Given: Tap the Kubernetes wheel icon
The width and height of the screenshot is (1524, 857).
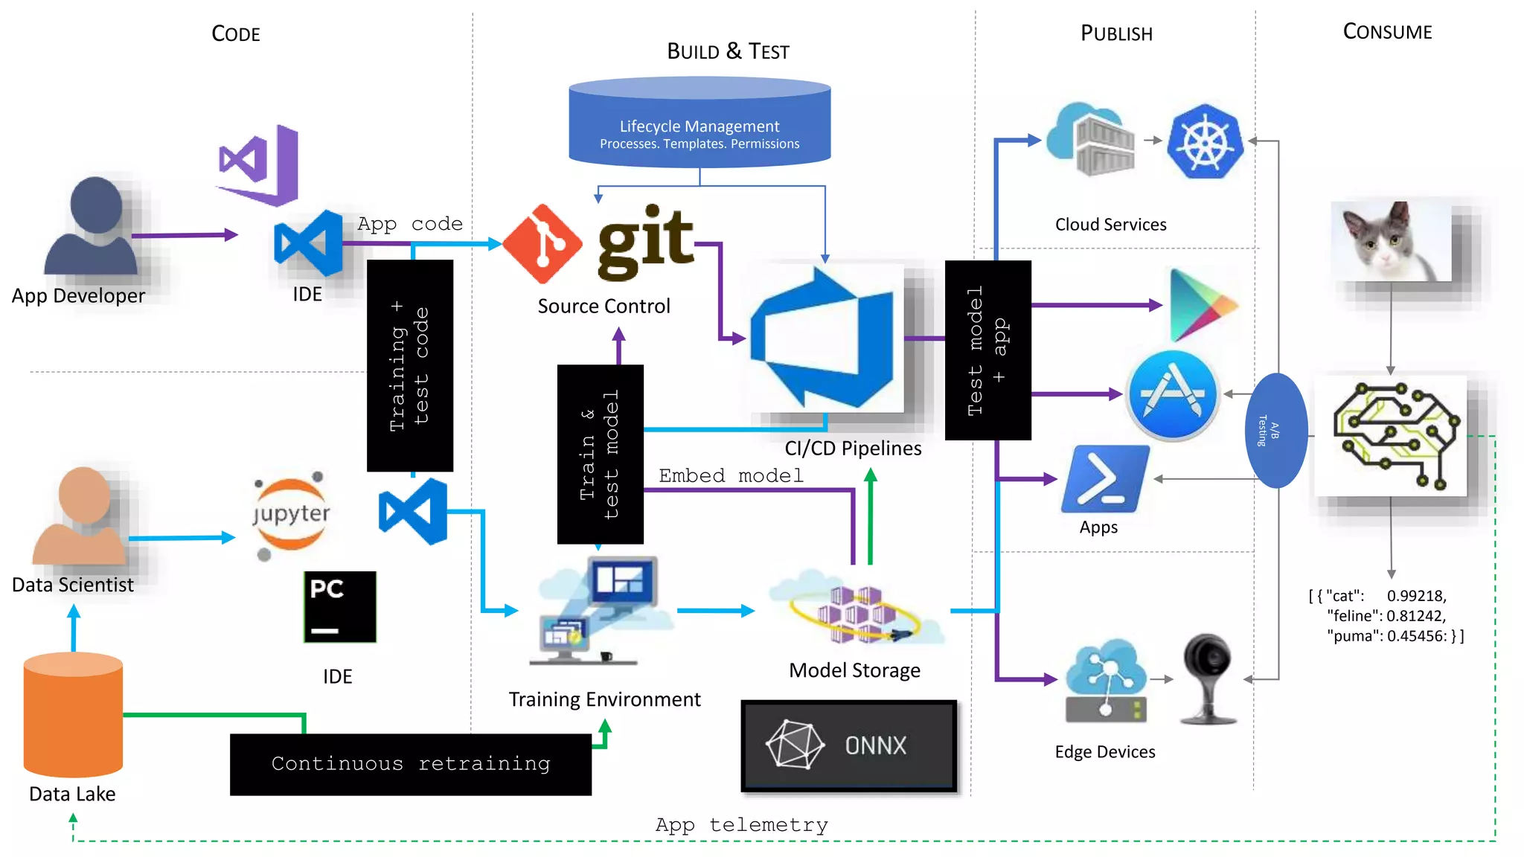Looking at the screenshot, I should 1205,141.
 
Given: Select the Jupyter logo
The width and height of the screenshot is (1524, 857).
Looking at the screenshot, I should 291,515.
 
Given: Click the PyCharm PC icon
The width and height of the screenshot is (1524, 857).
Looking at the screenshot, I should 340,607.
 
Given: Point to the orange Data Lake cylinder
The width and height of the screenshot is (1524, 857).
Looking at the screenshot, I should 73,714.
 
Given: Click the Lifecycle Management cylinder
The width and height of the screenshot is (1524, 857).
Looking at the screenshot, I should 699,123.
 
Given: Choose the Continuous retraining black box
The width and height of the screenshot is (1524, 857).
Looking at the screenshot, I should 411,764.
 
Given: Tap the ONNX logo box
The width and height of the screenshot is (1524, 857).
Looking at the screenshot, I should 849,745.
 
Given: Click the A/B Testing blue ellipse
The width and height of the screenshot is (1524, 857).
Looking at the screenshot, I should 1275,431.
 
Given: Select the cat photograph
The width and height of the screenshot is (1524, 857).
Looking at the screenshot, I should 1390,241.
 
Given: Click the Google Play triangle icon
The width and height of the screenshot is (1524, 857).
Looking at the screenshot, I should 1200,306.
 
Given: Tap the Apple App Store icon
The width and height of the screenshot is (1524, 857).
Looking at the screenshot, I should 1172,395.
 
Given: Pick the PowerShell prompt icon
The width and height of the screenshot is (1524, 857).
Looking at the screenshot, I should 1105,479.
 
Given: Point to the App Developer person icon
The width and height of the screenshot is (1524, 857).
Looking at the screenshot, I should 92,228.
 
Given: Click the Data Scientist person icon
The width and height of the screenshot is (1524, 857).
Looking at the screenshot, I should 80,517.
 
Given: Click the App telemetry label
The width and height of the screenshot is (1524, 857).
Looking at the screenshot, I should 741,824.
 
